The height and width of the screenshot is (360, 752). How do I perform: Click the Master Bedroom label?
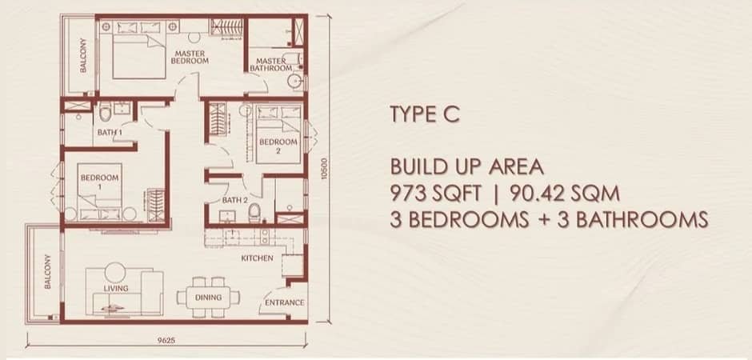(191, 56)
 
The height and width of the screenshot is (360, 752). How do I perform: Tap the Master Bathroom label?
(271, 64)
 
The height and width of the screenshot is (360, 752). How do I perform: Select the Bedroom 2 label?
(278, 146)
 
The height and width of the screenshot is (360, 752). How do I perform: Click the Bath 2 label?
(234, 200)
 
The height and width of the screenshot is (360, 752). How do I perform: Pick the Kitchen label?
(257, 258)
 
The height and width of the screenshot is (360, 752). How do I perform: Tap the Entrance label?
(284, 302)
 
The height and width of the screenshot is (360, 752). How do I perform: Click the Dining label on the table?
(208, 297)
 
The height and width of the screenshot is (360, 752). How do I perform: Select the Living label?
(116, 288)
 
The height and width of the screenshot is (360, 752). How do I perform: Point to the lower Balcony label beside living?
(47, 272)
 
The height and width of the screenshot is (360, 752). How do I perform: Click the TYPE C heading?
(425, 114)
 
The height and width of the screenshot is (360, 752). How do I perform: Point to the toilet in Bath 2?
(254, 212)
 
